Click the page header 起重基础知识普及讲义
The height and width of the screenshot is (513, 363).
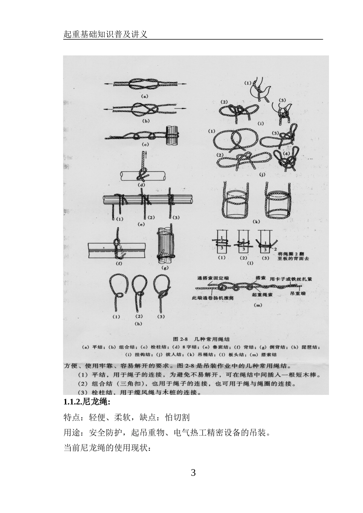pos(105,34)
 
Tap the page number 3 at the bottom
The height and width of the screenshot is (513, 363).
pos(193,472)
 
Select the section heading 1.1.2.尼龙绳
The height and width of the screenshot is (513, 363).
pos(87,402)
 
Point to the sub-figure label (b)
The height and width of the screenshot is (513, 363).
pos(146,121)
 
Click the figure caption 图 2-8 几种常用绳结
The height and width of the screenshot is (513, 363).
pos(198,339)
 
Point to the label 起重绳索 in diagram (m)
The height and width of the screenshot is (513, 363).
pos(262,295)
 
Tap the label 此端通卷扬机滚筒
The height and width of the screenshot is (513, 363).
pos(212,298)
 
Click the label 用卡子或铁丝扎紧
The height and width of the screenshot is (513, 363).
pos(290,279)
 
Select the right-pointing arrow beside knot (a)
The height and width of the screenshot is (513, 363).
pos(182,83)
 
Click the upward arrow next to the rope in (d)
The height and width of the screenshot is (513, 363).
pos(146,156)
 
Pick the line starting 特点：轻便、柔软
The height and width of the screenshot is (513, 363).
pos(126,417)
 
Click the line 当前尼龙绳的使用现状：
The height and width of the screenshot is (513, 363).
pos(107,448)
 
